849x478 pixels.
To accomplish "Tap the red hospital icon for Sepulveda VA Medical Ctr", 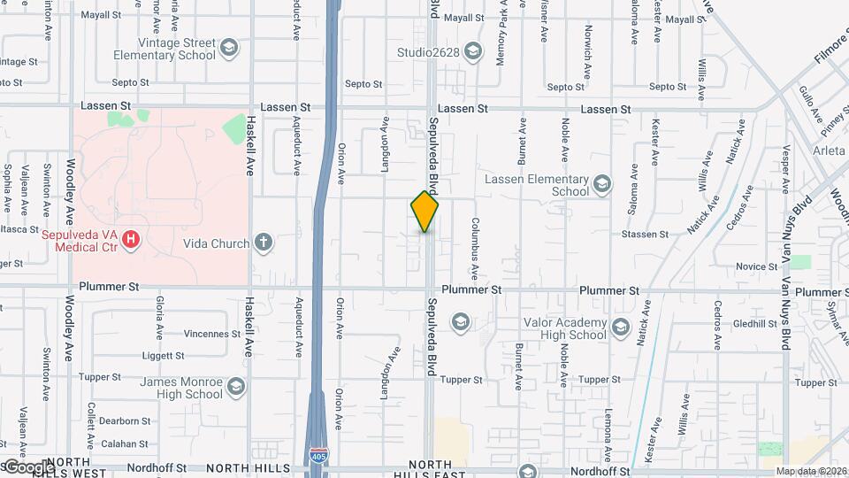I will (132, 239).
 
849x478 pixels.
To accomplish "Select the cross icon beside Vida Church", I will (263, 242).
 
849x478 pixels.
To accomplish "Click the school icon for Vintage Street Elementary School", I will (229, 47).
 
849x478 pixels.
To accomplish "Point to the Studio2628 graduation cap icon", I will (473, 51).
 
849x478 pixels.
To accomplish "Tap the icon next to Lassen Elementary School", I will (602, 184).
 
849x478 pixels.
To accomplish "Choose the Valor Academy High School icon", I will (620, 328).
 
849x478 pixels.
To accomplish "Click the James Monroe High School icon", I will (236, 387).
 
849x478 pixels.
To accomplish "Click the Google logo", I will (28, 466).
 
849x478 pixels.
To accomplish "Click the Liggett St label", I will (162, 356).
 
